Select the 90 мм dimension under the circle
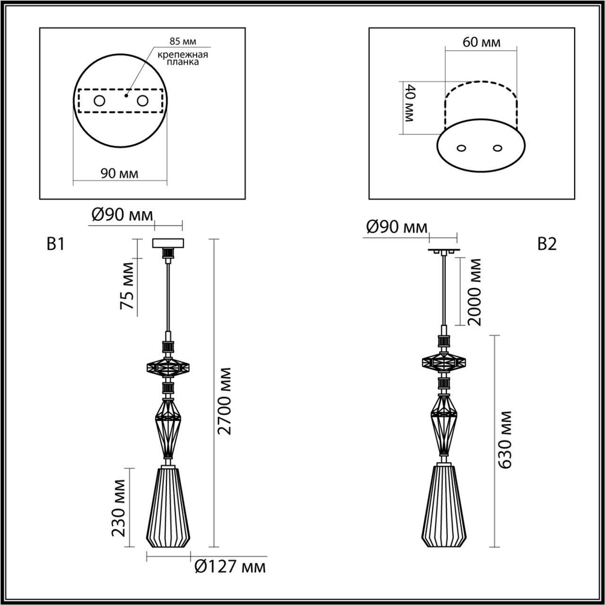tap(119, 173)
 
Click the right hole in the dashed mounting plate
tap(143, 100)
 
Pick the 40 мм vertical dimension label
tap(409, 103)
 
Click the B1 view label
tap(56, 244)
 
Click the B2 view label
tap(546, 244)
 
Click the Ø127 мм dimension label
tap(231, 567)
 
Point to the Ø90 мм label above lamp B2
tap(396, 227)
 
